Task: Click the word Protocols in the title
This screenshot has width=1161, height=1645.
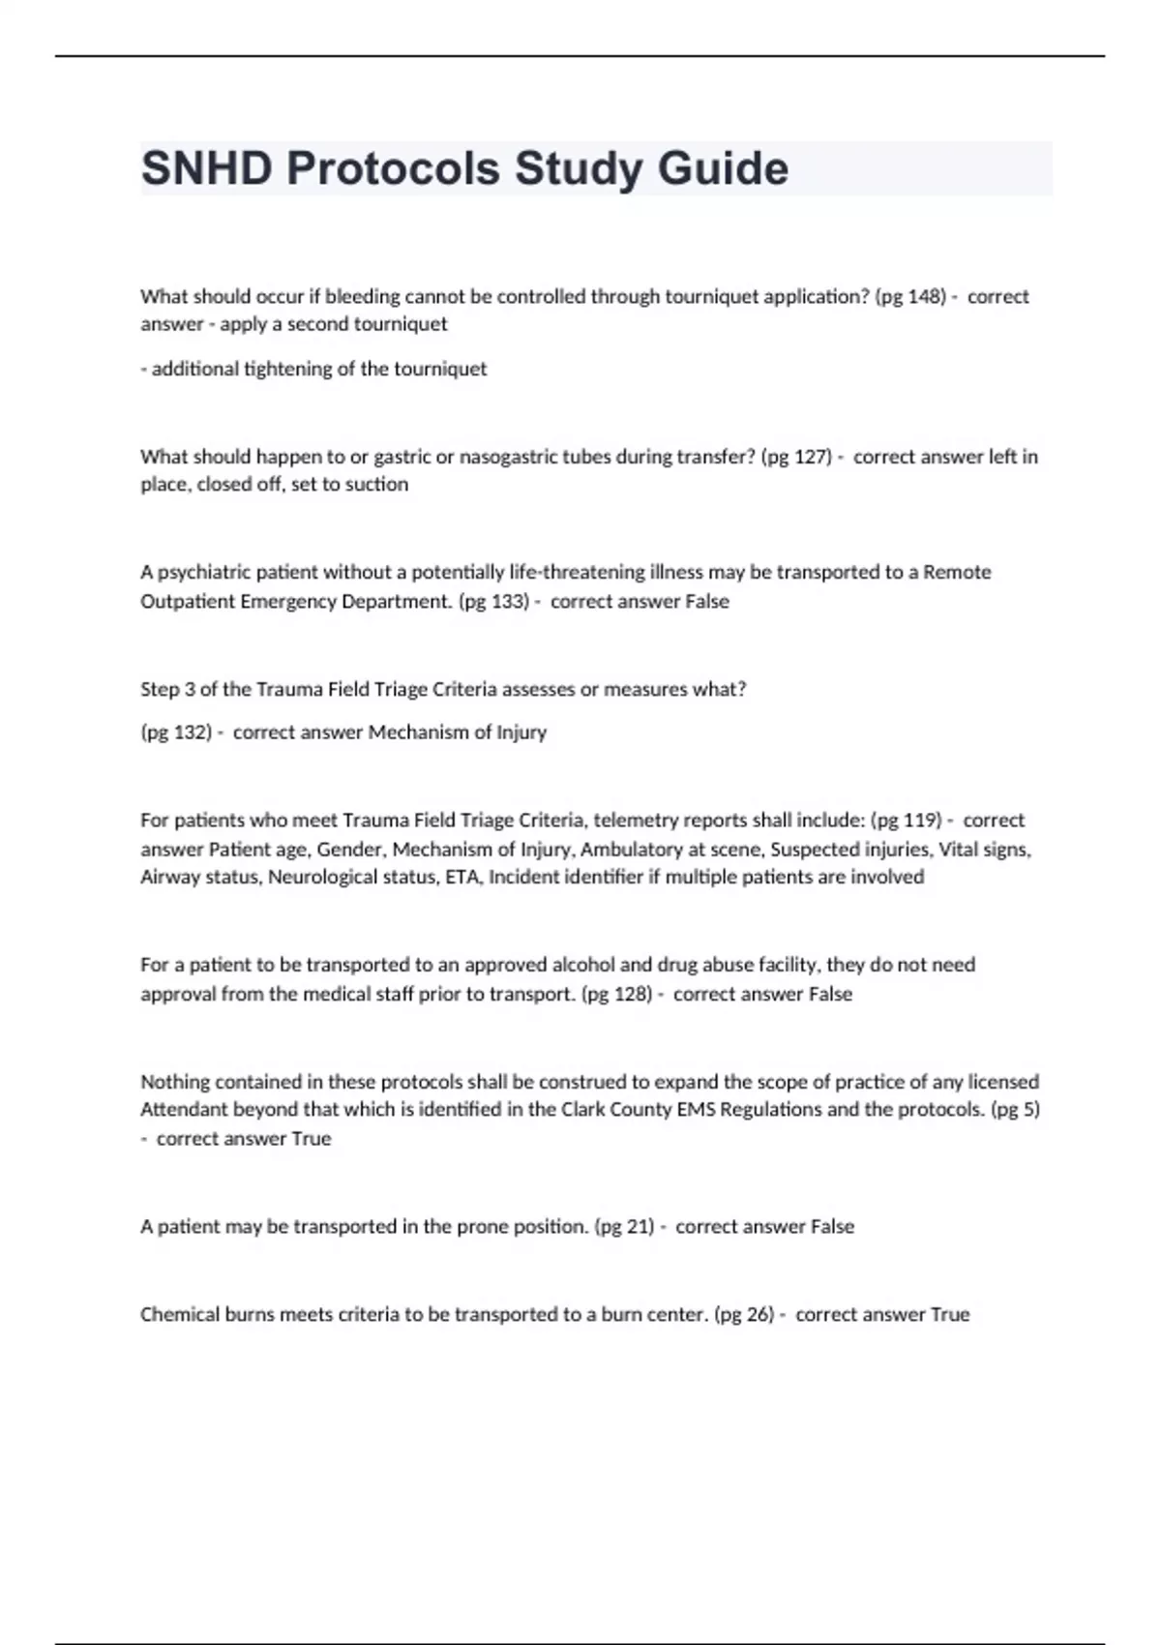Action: tap(393, 168)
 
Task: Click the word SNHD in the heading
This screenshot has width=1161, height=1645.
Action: tap(206, 168)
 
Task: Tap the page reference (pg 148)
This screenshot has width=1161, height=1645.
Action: tap(909, 296)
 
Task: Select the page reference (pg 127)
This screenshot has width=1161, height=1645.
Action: tap(796, 456)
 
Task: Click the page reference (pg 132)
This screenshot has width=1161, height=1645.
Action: tap(176, 732)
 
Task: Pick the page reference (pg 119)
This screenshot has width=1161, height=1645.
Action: tap(906, 820)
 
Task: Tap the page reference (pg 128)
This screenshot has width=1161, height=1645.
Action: tap(616, 994)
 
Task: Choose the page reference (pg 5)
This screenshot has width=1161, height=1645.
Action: tap(1015, 1109)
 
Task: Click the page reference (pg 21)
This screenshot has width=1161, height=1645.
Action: tap(624, 1226)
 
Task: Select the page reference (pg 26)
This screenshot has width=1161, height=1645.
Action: tap(744, 1314)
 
